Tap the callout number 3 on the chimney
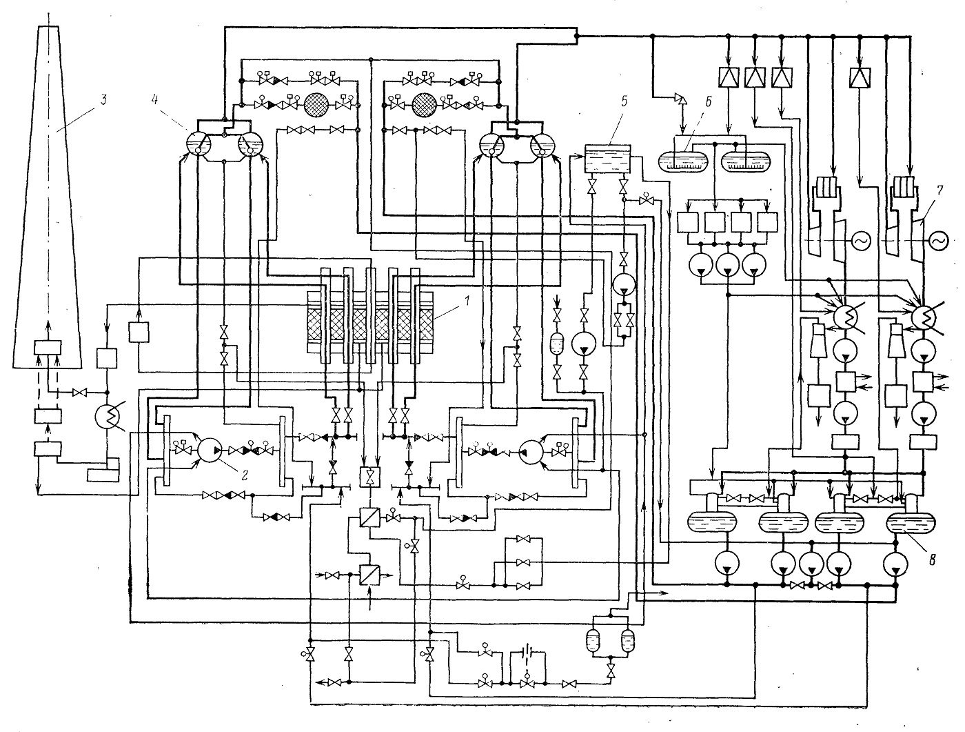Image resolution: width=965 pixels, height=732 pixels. tap(103, 99)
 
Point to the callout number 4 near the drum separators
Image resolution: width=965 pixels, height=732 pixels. tap(154, 100)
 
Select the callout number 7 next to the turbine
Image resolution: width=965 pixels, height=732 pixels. tap(939, 190)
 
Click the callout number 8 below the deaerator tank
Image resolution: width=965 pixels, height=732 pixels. tap(932, 560)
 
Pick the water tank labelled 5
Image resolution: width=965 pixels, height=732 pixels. tap(607, 159)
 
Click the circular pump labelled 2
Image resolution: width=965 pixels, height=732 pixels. tap(210, 450)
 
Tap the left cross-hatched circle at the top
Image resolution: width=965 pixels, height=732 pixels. tap(316, 105)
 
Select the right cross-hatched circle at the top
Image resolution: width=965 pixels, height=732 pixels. tap(425, 105)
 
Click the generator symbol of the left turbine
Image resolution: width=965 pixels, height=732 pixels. tap(860, 241)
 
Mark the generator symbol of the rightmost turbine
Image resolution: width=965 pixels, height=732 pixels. tap(938, 241)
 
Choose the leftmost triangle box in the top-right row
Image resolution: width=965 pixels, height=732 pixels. tap(729, 77)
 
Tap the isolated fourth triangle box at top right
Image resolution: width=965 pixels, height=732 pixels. tap(860, 77)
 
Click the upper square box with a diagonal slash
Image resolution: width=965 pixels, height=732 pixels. tap(369, 517)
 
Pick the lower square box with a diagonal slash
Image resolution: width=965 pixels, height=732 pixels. tap(369, 575)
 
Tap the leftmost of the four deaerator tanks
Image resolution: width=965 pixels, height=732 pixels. tap(711, 522)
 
